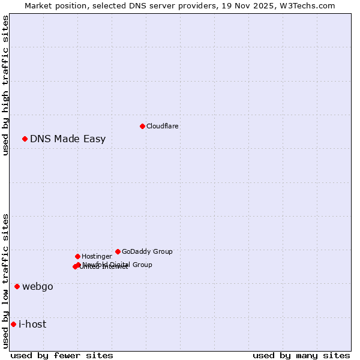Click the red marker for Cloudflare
(x=142, y=126)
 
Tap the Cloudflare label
(x=162, y=126)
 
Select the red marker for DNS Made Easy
(x=25, y=139)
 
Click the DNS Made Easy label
(x=68, y=139)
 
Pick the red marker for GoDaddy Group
(x=118, y=251)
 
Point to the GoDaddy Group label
(x=147, y=251)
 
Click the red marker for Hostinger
(x=77, y=256)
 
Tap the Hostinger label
(x=97, y=256)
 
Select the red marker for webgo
(x=17, y=286)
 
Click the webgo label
(x=38, y=286)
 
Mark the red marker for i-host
(x=13, y=324)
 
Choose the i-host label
(x=32, y=324)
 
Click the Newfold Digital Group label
(x=118, y=264)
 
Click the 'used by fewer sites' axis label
(x=62, y=355)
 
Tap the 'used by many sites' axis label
(x=301, y=355)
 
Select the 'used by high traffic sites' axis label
(x=5, y=85)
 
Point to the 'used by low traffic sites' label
(x=5, y=281)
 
